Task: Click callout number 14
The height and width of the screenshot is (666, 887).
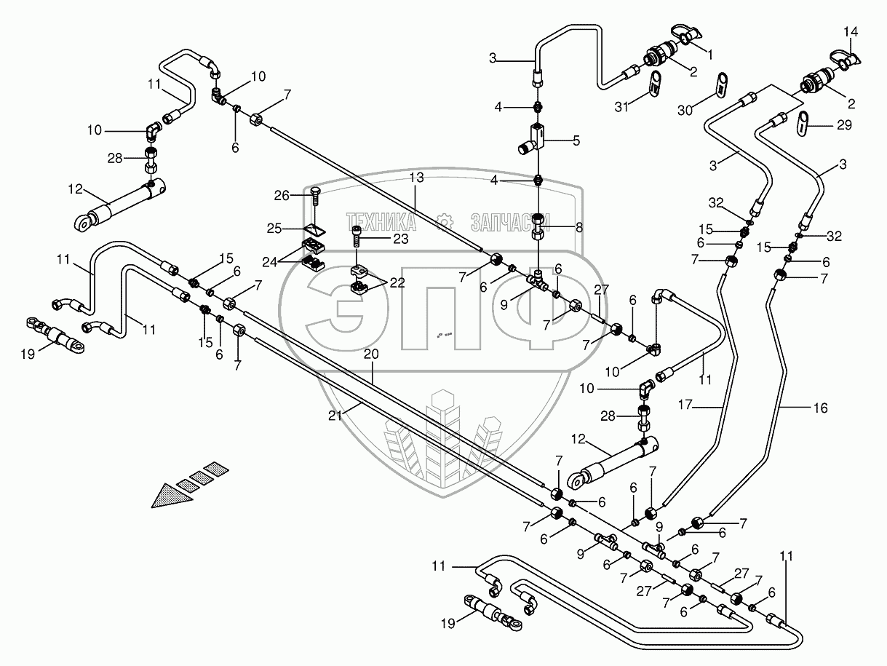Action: coord(851,31)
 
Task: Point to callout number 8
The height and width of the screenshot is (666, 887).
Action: coord(578,227)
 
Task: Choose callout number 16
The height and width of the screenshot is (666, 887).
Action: coord(820,409)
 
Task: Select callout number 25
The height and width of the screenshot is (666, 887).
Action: coord(274,229)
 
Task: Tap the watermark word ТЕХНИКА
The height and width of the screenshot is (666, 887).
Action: coord(382,220)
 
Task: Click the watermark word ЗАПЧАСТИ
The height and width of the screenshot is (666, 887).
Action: coord(509,220)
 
